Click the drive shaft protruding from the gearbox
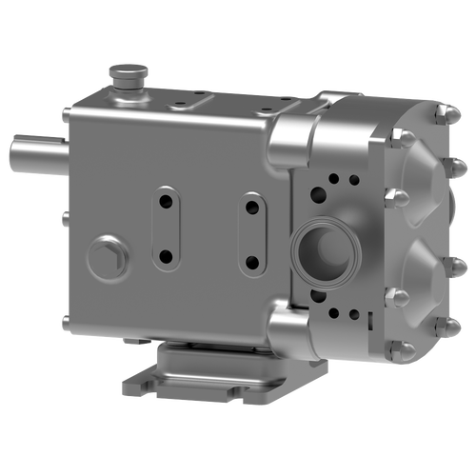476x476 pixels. click(33, 150)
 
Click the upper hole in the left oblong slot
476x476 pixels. click(165, 200)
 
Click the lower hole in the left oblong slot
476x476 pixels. click(165, 255)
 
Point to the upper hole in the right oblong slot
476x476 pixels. click(252, 203)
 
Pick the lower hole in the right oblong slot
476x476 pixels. click(252, 260)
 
